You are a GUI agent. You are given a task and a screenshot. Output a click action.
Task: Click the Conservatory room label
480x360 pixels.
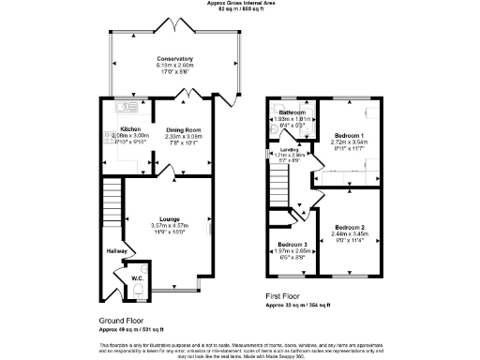pos(175,58)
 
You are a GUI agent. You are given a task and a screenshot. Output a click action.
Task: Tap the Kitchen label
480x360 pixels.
pos(129,129)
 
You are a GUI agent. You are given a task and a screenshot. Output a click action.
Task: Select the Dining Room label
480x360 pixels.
pos(184,129)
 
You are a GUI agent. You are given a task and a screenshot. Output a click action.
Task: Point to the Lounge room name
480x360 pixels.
pos(170,219)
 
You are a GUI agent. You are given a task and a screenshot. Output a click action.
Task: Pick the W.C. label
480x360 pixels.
pos(137,277)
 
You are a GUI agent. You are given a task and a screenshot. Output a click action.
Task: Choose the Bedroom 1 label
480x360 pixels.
pos(350,136)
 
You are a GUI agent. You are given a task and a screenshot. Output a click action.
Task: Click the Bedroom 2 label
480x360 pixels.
pos(350,227)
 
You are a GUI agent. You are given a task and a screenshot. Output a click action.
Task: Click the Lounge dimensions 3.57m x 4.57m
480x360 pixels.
pos(170,226)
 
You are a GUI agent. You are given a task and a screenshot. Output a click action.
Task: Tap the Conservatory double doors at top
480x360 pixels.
pos(175,22)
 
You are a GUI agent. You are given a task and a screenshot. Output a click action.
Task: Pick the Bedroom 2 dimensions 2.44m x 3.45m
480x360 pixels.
pos(350,233)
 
